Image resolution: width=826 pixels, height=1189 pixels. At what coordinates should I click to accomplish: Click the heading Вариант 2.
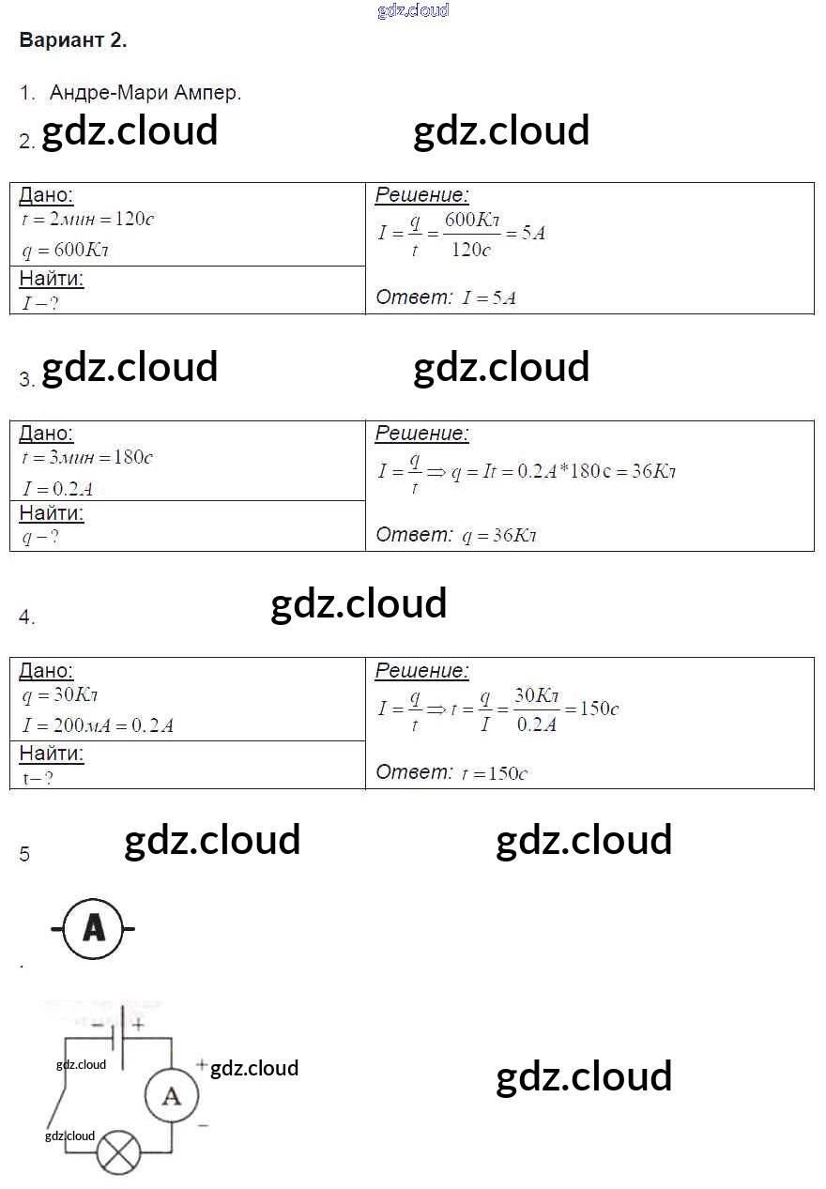coord(72,40)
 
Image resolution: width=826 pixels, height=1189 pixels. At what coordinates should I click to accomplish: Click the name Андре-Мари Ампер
coord(145,93)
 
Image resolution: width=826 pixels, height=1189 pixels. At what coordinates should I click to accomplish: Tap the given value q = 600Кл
coord(71,251)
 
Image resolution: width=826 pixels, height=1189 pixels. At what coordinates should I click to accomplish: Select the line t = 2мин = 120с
coord(87,220)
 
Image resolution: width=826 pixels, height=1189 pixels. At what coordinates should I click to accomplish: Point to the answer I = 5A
coord(489,298)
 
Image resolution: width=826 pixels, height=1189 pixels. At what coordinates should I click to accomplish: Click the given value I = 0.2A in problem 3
coord(57,488)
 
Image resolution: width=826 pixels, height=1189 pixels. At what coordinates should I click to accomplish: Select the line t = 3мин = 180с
coord(87,458)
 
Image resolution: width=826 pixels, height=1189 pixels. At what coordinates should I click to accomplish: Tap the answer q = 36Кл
coord(499,536)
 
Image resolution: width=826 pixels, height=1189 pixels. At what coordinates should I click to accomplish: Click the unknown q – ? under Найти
coord(40,538)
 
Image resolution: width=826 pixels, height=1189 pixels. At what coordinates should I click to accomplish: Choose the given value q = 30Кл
coord(60,695)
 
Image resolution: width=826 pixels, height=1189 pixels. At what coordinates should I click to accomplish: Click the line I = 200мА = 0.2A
coord(98,725)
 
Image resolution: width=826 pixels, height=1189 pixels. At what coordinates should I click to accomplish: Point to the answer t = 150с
coord(495,774)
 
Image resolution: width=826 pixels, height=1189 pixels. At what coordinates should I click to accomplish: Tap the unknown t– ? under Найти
coord(38,778)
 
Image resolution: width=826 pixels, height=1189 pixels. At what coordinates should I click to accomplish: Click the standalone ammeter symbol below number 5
coord(93,929)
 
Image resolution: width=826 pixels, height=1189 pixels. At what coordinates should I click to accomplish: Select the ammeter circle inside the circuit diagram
coord(172,1094)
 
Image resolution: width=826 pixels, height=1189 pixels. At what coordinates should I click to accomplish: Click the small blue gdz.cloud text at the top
coord(413,10)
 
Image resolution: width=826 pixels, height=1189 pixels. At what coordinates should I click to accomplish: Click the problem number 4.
coord(26,617)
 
